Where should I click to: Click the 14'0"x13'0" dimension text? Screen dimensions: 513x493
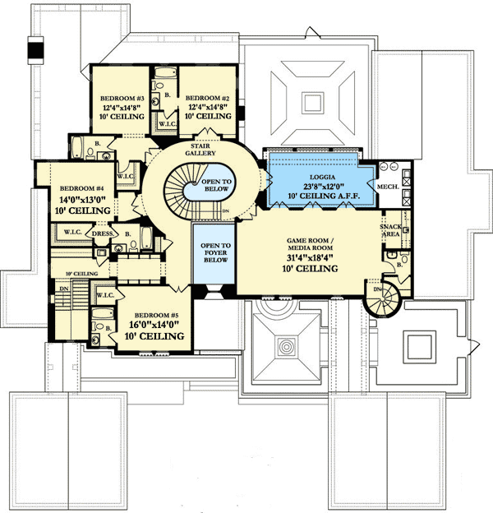tap(81, 198)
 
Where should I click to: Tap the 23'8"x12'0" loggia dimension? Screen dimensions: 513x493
tap(316, 185)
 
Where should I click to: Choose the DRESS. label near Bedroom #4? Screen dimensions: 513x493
tap(103, 233)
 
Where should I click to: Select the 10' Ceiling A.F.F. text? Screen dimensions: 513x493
tap(316, 196)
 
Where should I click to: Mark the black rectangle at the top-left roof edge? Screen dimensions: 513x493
tap(35, 51)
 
